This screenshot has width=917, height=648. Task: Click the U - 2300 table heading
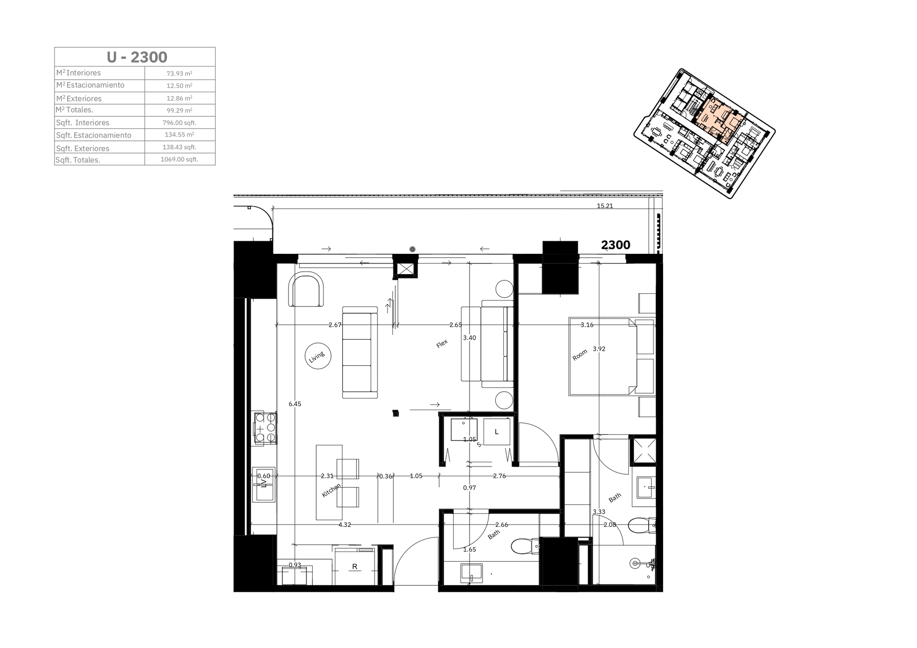point(137,57)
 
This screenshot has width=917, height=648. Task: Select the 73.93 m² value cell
point(180,73)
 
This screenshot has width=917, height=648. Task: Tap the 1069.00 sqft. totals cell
point(180,159)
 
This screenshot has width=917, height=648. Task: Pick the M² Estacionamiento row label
point(90,85)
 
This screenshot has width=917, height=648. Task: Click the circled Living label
point(318,357)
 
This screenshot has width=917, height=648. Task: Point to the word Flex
point(442,344)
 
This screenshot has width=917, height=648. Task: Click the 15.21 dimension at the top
point(605,206)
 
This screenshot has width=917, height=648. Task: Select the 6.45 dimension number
point(295,404)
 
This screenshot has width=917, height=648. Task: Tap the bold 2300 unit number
point(615,245)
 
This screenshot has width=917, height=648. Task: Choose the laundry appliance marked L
point(497,432)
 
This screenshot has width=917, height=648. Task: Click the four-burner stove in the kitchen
point(266,427)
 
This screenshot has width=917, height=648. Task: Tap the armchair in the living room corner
point(306,290)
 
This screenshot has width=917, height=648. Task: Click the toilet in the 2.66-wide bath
point(525,547)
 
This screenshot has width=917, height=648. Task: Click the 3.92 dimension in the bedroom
point(599,349)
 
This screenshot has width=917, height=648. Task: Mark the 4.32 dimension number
point(345,524)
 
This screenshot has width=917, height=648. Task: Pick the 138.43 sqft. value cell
point(180,147)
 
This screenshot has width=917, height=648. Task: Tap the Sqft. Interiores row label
point(83,123)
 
